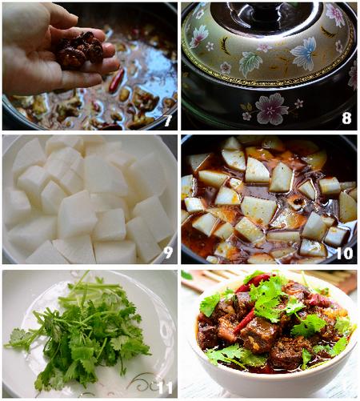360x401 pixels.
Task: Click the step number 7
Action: (168, 120)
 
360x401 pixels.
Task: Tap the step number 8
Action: (346, 118)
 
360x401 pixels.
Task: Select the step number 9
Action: (168, 252)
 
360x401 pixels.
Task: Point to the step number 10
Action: (345, 253)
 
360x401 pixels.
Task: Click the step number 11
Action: (166, 387)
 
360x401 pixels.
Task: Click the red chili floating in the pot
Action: (117, 81)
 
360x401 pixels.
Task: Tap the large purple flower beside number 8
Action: (271, 109)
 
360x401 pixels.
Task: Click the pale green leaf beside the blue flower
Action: (249, 62)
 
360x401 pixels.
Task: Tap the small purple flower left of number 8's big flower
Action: (246, 115)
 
